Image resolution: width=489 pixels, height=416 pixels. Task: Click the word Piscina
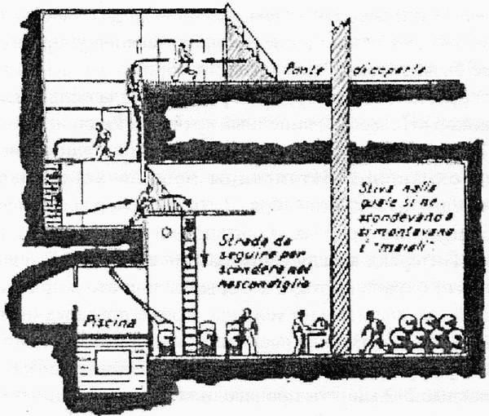point(104,320)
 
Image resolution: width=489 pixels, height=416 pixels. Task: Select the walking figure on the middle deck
point(103,141)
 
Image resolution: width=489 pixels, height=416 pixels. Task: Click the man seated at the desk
point(302,330)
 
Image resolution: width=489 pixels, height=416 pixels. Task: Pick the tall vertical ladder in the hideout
point(190,281)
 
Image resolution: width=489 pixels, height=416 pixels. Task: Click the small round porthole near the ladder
point(166,232)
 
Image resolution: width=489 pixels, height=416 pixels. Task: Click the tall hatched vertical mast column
point(340,188)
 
